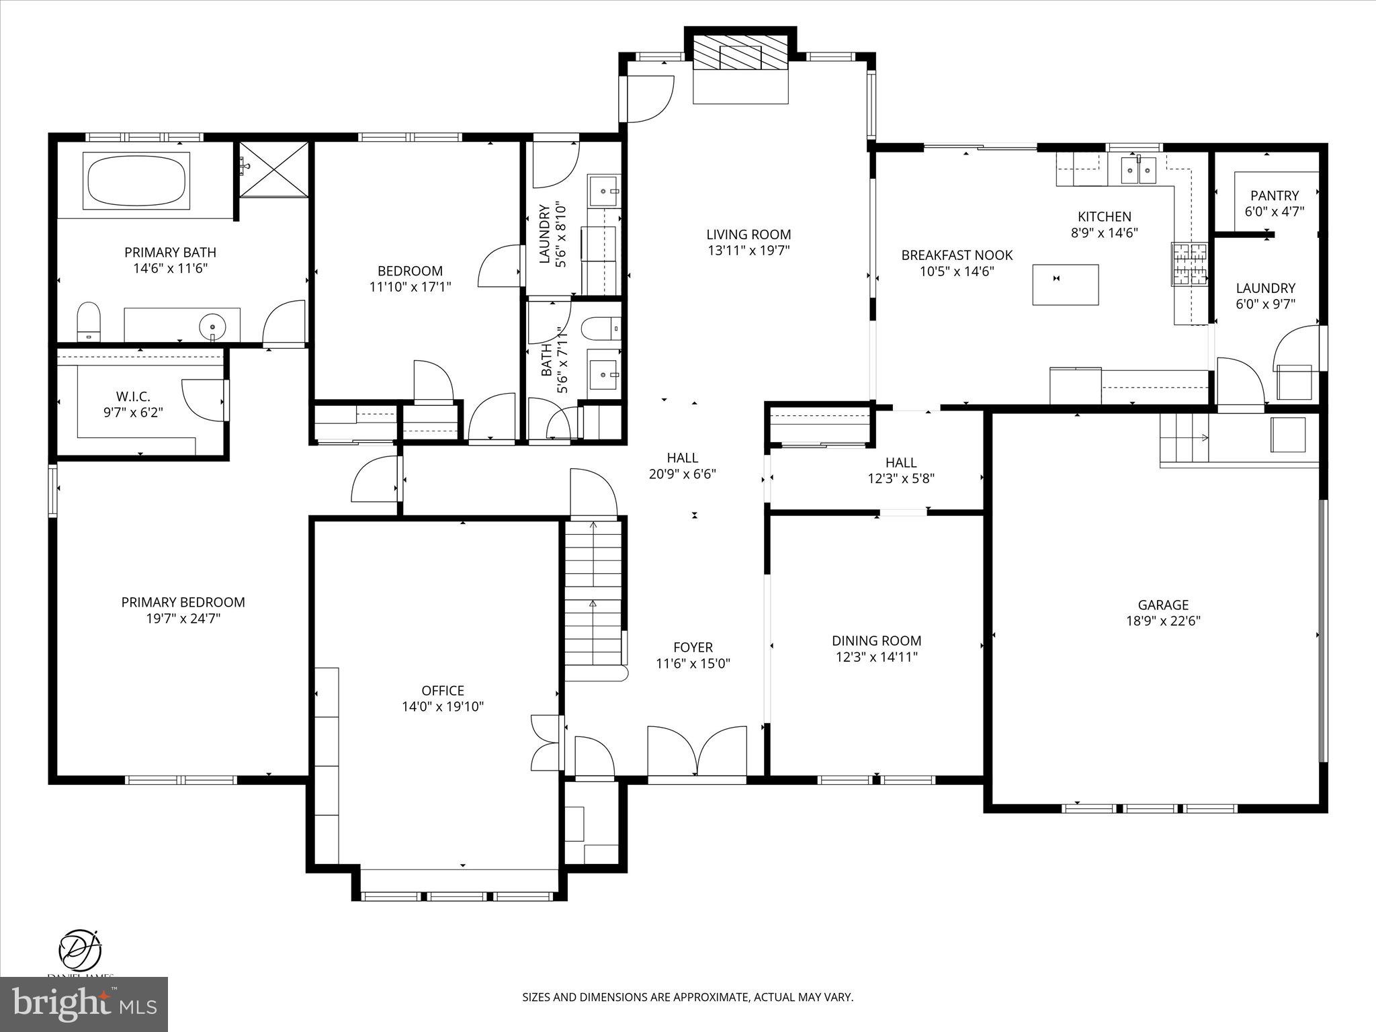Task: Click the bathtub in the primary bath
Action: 136,179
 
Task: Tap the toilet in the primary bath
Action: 88,320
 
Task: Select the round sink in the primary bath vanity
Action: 212,327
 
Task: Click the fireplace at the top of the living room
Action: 740,52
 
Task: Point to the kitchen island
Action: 1066,284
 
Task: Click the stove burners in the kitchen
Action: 1190,264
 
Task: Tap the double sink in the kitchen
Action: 1139,169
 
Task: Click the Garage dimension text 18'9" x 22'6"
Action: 1163,621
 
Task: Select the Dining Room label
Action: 876,640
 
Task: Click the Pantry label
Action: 1274,196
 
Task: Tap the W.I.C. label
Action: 133,396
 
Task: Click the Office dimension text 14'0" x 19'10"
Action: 443,706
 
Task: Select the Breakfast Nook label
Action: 957,255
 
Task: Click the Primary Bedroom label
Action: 183,602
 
